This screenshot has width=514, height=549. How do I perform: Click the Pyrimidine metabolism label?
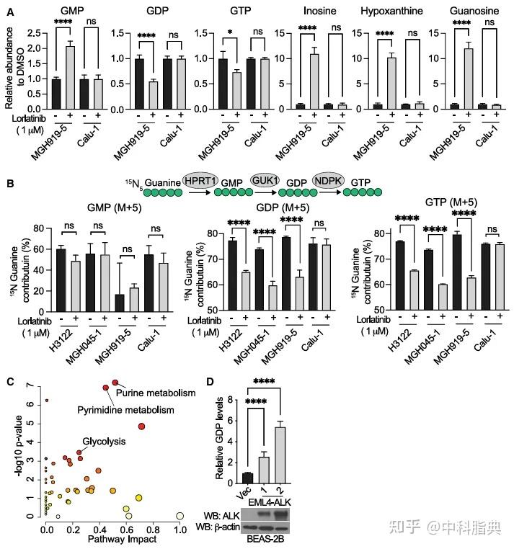click(x=126, y=409)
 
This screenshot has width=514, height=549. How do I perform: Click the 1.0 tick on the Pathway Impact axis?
click(x=180, y=528)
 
